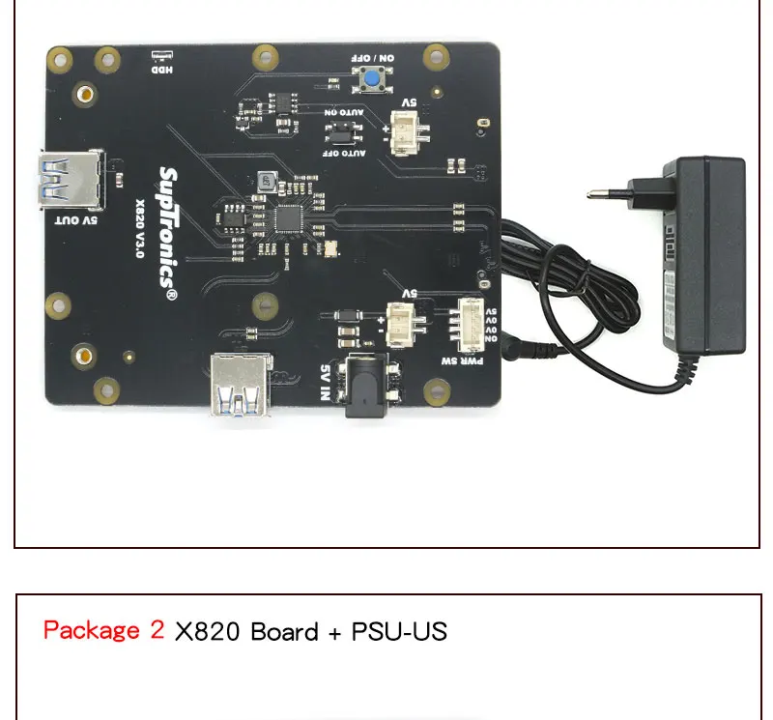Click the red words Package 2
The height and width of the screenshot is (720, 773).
[x=104, y=631]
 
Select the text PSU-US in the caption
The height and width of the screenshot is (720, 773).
[x=399, y=632]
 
